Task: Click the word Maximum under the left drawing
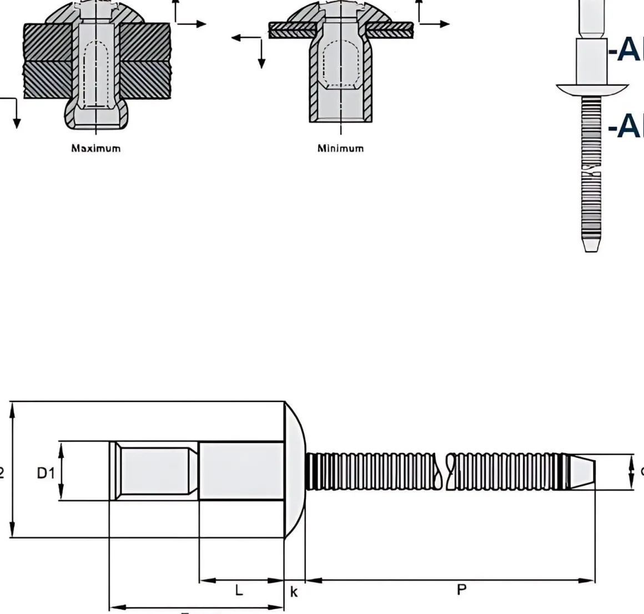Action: pos(95,148)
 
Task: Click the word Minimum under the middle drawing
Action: pos(340,148)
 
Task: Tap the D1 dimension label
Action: pos(46,473)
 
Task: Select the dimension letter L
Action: pos(239,590)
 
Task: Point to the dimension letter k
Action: pos(294,592)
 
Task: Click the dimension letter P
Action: pos(461,590)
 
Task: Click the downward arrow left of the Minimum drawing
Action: pos(261,58)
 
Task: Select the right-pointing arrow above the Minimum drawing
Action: pos(439,24)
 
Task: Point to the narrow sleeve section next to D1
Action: pos(155,470)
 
